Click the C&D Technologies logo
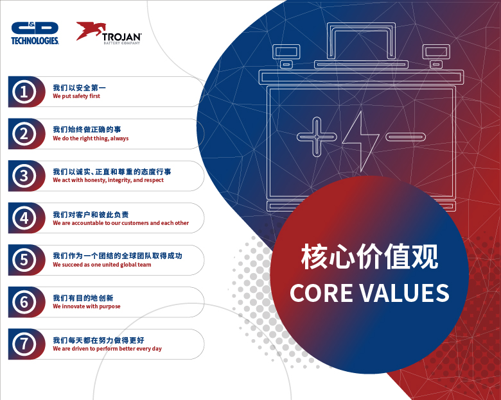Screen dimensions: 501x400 35,33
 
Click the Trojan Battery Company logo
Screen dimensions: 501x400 109,33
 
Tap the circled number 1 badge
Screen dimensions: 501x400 24,92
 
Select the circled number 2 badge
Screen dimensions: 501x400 24,134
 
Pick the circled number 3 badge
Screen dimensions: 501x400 24,176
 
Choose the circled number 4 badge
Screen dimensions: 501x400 24,218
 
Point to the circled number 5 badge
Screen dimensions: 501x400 24,260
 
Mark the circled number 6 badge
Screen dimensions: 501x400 24,302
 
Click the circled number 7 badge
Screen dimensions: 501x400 24,344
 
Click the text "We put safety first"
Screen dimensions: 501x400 76,96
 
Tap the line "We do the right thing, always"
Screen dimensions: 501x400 91,138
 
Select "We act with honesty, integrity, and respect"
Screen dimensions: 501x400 108,180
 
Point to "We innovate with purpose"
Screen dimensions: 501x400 87,306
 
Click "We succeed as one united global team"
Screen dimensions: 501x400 102,265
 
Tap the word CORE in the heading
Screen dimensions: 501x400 321,293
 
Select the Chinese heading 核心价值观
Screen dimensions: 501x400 369,257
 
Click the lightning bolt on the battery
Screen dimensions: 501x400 361,141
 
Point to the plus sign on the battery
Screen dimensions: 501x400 317,137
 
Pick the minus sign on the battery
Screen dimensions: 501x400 405,137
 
